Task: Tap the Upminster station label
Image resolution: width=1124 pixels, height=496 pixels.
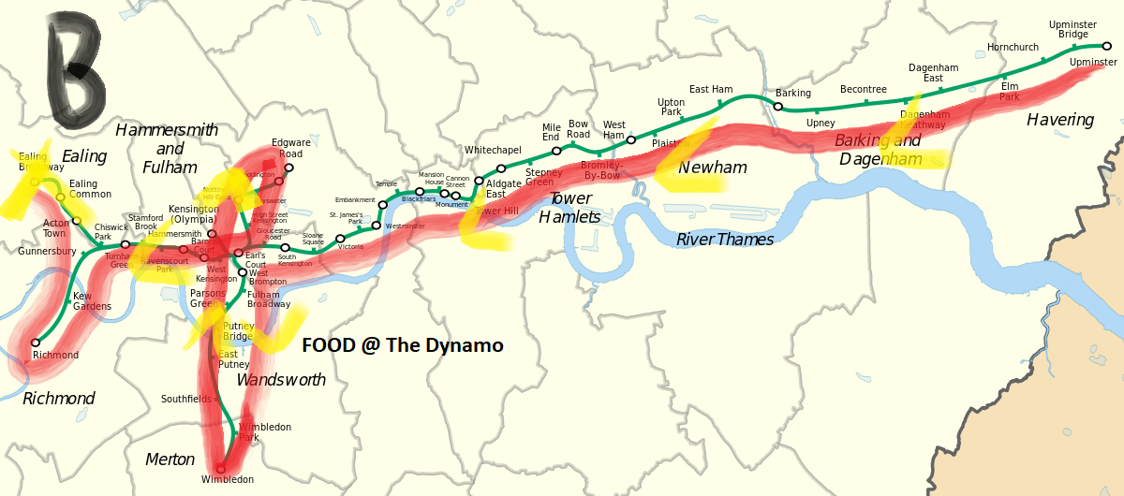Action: click(x=1092, y=62)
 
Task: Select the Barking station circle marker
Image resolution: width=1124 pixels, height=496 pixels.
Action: click(x=778, y=107)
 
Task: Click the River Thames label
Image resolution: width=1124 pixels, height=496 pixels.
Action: click(x=725, y=240)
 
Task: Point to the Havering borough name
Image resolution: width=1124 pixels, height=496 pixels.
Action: click(x=1059, y=120)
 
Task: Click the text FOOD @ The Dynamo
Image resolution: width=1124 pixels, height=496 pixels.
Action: click(x=402, y=345)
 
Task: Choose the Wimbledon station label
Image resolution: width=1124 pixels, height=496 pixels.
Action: click(x=227, y=480)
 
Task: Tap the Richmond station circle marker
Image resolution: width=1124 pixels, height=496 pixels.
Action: click(x=36, y=343)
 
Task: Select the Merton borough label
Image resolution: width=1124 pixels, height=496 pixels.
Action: click(x=170, y=460)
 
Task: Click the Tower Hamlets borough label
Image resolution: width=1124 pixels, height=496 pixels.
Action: click(x=569, y=208)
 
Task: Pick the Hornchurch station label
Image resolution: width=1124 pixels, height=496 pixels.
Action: click(x=1013, y=47)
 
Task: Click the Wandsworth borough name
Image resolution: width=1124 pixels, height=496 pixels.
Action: click(x=281, y=380)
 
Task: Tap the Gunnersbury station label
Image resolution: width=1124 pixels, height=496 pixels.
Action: click(x=46, y=252)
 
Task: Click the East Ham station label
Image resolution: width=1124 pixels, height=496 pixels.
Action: click(x=710, y=90)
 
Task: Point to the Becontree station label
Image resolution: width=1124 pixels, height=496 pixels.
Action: click(x=863, y=89)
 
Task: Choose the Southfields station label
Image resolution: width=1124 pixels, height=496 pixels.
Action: click(x=186, y=399)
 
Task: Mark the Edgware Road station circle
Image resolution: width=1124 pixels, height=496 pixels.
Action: click(x=289, y=168)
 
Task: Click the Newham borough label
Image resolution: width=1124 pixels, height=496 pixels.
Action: click(x=712, y=168)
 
